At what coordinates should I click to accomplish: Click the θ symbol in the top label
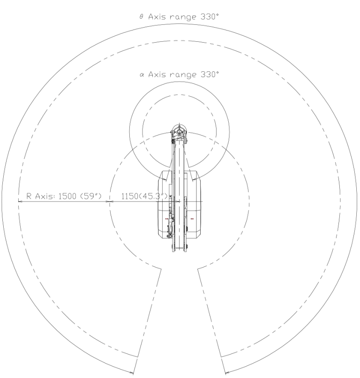[142, 16]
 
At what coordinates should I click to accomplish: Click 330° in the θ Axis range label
[210, 16]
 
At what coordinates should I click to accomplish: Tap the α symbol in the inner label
[142, 75]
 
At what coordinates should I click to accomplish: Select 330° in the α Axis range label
[210, 74]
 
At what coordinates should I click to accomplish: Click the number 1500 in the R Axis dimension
[67, 196]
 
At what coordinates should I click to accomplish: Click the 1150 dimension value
[130, 196]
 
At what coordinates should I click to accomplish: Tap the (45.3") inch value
[153, 196]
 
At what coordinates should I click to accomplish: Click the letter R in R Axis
[29, 196]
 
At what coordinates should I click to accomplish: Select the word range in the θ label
[183, 17]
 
